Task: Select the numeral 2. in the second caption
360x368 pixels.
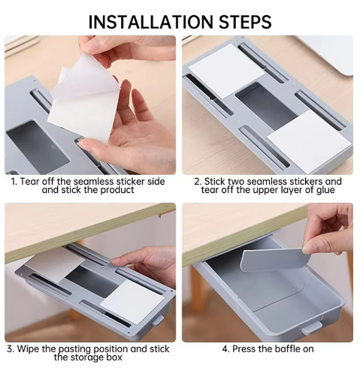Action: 198,181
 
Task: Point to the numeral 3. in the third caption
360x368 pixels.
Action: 11,348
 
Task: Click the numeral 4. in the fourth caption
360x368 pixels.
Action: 225,348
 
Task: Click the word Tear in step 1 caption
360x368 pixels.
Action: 31,181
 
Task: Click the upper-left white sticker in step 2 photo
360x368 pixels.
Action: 225,70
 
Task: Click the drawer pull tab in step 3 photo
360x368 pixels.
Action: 157,321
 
